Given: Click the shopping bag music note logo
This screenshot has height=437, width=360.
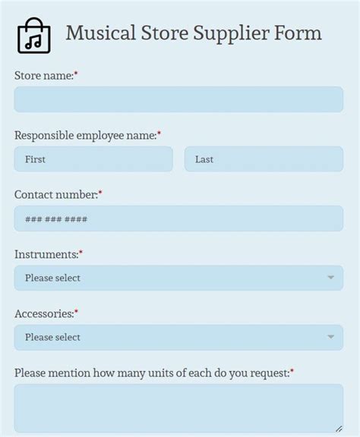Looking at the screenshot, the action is [x=33, y=36].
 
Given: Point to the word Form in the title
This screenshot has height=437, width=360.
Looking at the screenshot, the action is [x=301, y=33].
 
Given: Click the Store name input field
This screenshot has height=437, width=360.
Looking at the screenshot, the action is [x=178, y=99].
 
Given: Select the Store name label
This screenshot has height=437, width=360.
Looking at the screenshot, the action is [x=43, y=76].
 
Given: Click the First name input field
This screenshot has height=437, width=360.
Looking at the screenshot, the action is [x=93, y=159].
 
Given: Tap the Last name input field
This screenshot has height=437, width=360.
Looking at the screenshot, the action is [x=264, y=159].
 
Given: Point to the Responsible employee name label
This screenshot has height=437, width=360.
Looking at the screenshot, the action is [x=85, y=135].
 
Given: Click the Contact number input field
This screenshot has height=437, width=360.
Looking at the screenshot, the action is [x=178, y=218].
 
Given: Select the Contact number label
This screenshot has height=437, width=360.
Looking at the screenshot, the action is [x=55, y=195].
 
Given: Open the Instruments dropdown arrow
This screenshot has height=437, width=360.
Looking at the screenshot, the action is [x=330, y=278].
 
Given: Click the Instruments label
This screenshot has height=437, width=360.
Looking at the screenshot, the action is [x=46, y=254].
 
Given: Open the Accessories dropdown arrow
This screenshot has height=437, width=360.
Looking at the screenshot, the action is [x=330, y=337].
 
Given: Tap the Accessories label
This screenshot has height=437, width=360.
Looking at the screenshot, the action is [x=43, y=313].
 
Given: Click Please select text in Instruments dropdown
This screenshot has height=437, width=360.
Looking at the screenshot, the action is [x=52, y=278].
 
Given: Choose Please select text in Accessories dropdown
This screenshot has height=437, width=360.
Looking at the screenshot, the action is [x=52, y=337].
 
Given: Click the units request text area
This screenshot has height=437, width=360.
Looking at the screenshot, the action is [x=178, y=408].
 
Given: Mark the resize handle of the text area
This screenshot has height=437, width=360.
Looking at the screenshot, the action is [x=339, y=429].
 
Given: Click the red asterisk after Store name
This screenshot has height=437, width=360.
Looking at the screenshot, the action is [x=76, y=74].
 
